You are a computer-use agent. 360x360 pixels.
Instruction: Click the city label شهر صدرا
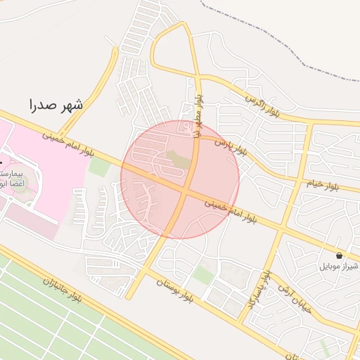[x=56, y=106]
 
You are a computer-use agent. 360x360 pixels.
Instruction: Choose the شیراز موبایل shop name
[x=340, y=266]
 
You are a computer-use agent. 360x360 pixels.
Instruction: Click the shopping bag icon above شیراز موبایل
[x=340, y=255]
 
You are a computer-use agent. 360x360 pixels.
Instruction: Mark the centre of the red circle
[x=180, y=179]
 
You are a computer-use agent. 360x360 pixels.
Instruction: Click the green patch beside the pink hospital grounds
[x=99, y=167]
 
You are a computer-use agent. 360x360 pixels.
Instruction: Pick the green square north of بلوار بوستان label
[x=204, y=275]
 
